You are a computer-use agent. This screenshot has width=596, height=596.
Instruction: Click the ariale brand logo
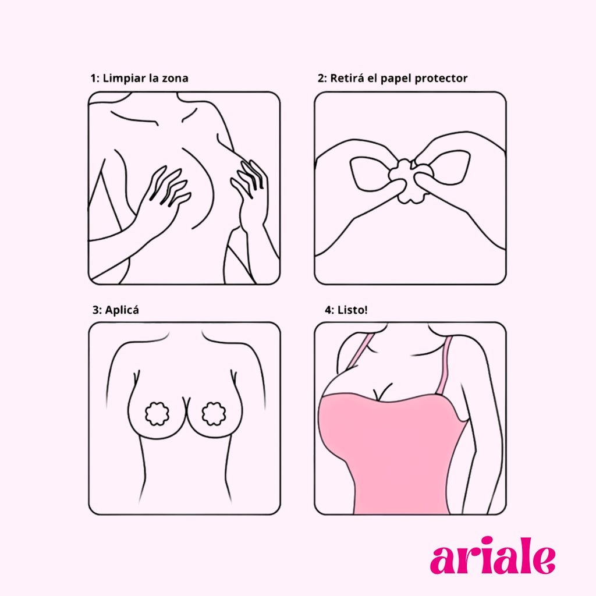pyautogui.click(x=492, y=555)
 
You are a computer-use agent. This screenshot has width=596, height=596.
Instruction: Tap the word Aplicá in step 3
pyautogui.click(x=122, y=310)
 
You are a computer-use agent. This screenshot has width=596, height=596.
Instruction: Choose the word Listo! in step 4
pyautogui.click(x=352, y=310)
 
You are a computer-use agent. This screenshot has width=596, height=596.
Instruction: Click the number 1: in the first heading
pyautogui.click(x=95, y=79)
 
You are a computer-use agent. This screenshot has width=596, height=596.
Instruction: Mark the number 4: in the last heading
pyautogui.click(x=329, y=310)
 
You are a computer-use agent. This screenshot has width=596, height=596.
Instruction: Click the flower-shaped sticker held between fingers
pyautogui.click(x=410, y=181)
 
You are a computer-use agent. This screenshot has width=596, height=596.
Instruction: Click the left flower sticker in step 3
pyautogui.click(x=158, y=413)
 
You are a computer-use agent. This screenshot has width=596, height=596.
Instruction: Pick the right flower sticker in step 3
pyautogui.click(x=214, y=413)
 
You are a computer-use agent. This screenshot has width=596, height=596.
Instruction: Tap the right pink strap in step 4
pyautogui.click(x=445, y=366)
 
